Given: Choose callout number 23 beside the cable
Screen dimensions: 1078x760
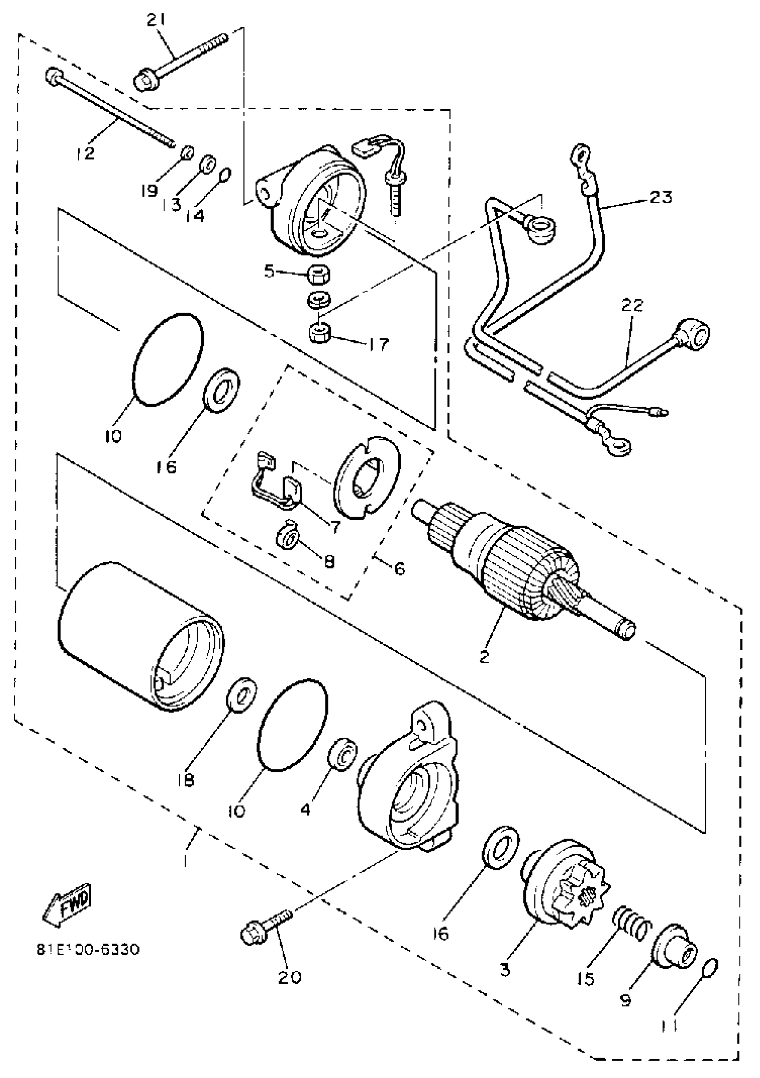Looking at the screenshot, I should [661, 197].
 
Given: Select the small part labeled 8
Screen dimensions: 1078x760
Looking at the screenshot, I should [287, 533].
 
